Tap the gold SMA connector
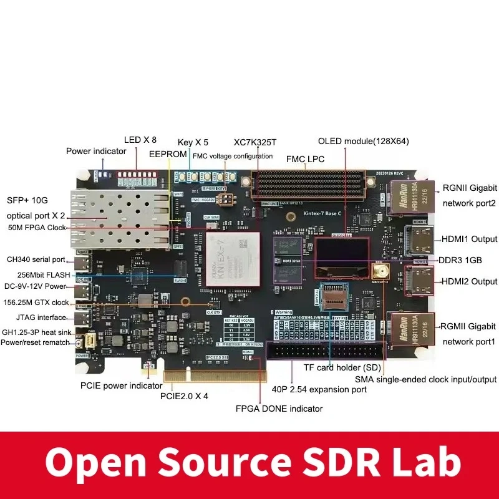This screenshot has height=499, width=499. (x=378, y=271)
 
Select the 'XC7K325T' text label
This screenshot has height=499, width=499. (x=254, y=142)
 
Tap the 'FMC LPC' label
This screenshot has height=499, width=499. (x=305, y=159)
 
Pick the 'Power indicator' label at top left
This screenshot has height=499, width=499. (x=96, y=151)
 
